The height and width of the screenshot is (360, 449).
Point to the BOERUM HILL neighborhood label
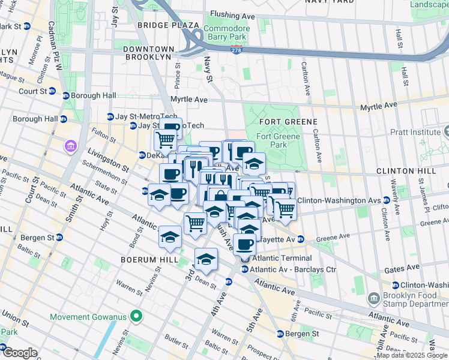coord(149,260)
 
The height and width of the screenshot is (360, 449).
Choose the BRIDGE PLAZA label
coord(167,25)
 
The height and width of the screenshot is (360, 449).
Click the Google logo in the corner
coord(19,352)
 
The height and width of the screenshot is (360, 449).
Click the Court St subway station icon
coord(52,91)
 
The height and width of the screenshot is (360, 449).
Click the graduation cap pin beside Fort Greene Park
coord(254,163)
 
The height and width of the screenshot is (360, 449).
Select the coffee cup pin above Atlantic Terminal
coord(244,244)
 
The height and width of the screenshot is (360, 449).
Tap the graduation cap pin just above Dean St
coord(206,259)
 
